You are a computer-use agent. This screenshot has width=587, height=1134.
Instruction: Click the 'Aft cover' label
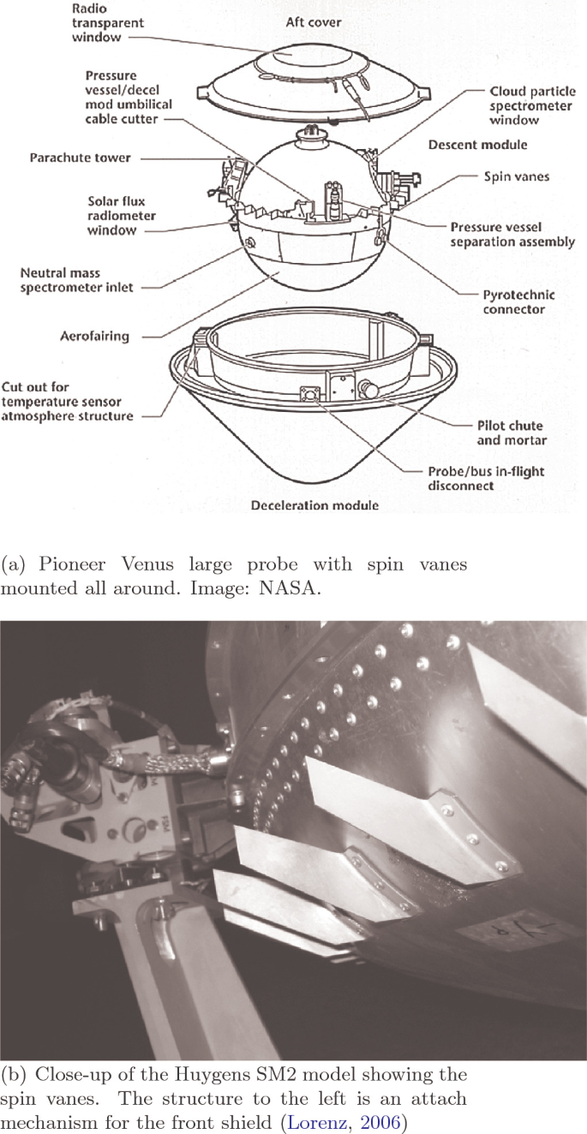click(x=314, y=22)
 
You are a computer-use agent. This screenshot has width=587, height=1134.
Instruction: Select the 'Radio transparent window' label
click(x=108, y=23)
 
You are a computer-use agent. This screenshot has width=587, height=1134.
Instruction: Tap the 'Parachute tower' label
click(x=80, y=158)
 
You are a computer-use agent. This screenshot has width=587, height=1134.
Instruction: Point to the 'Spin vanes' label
click(x=517, y=176)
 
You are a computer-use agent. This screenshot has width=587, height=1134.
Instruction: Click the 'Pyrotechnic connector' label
click(x=518, y=302)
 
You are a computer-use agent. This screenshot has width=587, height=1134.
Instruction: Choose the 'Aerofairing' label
click(x=95, y=336)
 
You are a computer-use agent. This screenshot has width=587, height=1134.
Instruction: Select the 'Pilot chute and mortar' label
click(x=512, y=433)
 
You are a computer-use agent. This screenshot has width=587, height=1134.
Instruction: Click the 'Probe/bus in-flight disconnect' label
click(x=486, y=479)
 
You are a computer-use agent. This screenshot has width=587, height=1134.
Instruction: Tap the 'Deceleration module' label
click(x=314, y=505)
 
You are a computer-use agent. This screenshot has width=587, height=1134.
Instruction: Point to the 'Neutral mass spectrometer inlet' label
click(x=76, y=280)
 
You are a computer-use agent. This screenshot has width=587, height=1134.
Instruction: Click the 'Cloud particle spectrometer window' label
click(x=532, y=106)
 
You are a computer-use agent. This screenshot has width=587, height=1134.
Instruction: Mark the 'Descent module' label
click(x=477, y=145)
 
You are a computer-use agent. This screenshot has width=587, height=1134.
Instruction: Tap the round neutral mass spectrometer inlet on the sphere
click(x=249, y=243)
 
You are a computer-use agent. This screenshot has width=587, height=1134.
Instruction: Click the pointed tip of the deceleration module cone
click(x=315, y=492)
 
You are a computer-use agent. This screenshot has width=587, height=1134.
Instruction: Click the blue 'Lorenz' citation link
click(x=318, y=1122)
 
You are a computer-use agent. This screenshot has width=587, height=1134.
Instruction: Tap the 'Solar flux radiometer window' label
click(x=122, y=216)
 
